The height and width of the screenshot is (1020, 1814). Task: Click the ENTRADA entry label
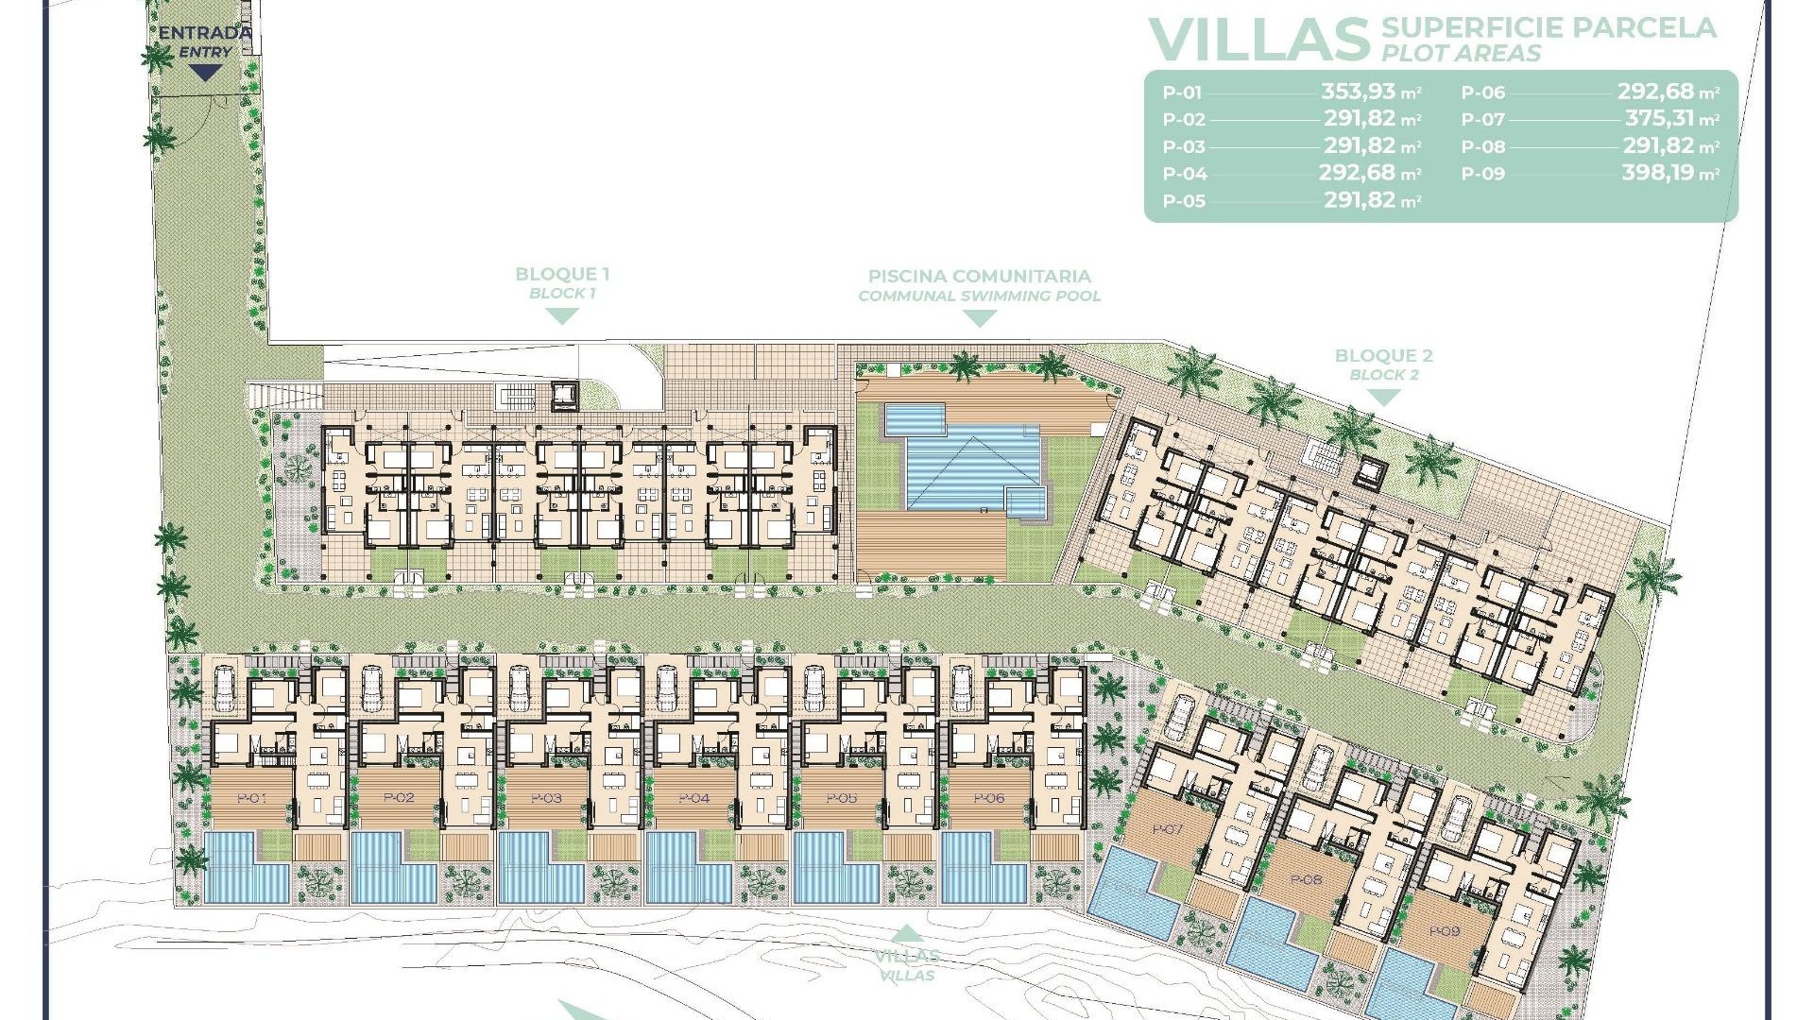[x=205, y=33]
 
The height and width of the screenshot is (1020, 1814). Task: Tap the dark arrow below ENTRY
[x=205, y=72]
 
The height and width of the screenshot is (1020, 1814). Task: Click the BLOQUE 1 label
[x=562, y=274]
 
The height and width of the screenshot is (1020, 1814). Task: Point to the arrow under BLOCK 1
[x=562, y=315]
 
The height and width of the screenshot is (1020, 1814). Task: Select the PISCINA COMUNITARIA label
[x=980, y=277]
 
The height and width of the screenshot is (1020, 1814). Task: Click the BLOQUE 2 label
[x=1383, y=356]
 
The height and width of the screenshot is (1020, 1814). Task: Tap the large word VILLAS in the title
[x=1258, y=40]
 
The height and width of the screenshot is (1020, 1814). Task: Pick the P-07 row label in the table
[x=1482, y=120]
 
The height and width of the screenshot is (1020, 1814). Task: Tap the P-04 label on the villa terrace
[x=693, y=798]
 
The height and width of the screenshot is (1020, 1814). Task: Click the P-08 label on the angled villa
[x=1306, y=879]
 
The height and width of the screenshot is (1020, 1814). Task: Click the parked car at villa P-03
[x=519, y=688]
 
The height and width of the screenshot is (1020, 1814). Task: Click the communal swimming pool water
[x=964, y=467]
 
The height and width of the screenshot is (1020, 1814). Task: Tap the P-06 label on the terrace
[x=988, y=798]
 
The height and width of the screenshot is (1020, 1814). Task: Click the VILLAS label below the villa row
[x=906, y=957]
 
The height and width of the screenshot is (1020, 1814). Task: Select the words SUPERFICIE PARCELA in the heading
[x=1549, y=27]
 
